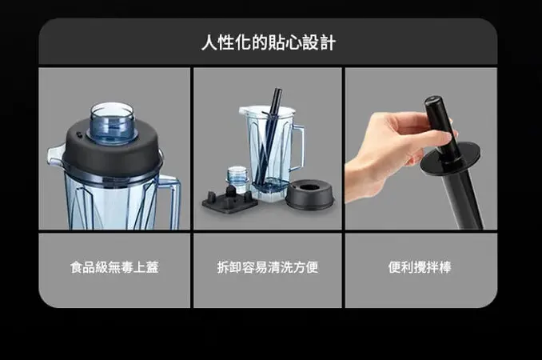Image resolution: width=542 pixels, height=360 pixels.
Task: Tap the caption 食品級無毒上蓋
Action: pyautogui.click(x=114, y=267)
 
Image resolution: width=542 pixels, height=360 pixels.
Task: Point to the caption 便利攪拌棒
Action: pyautogui.click(x=420, y=267)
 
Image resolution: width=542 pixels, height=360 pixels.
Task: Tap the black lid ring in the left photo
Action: pyautogui.click(x=111, y=152)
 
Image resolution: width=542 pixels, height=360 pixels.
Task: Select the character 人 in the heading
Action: pyautogui.click(x=208, y=42)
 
